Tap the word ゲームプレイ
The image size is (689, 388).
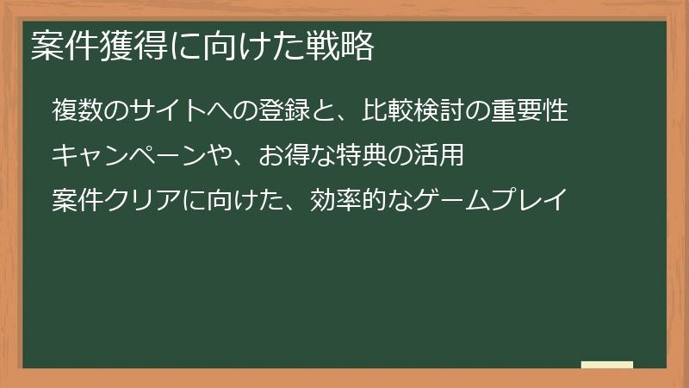(x=492, y=201)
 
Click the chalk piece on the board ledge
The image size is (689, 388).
(x=607, y=365)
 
